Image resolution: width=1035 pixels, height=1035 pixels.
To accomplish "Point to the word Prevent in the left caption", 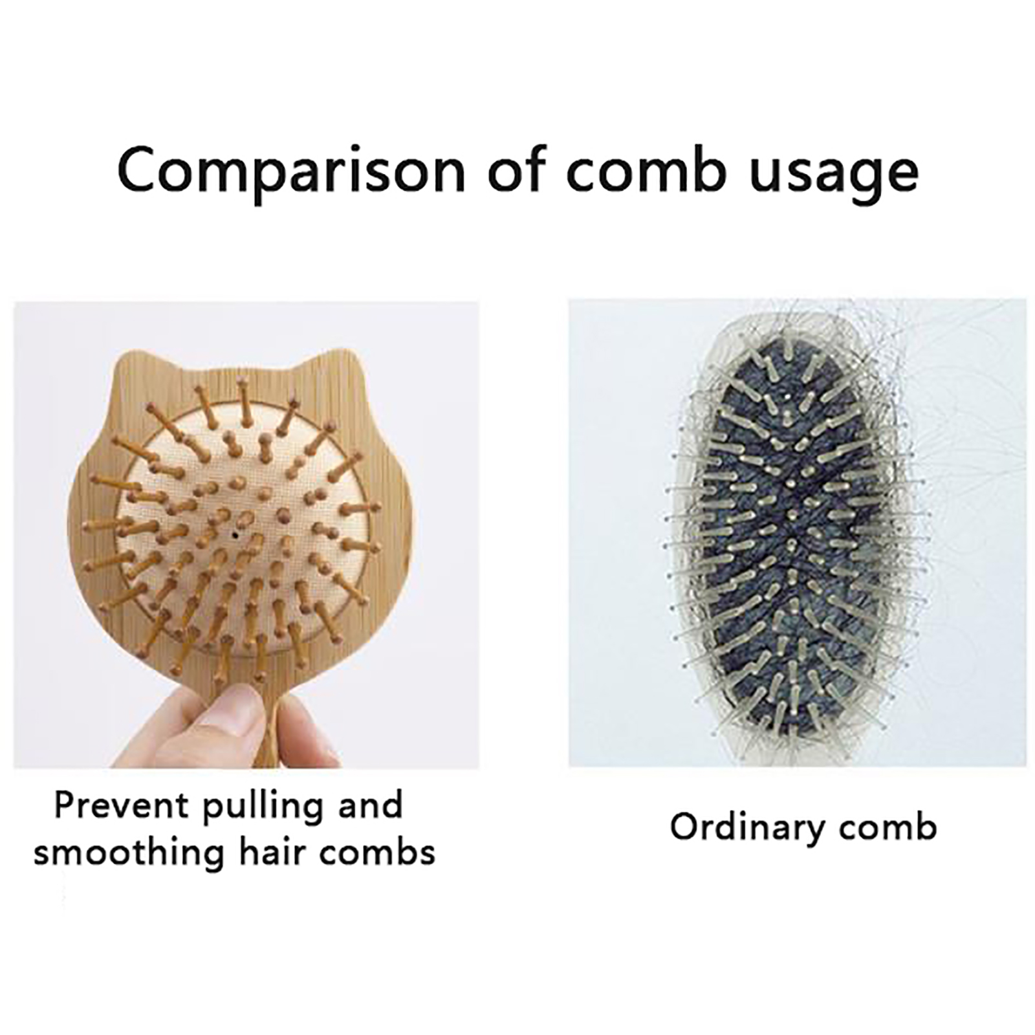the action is pyautogui.click(x=123, y=805).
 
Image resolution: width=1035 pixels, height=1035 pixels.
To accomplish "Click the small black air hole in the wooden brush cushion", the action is pyautogui.click(x=234, y=535).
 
